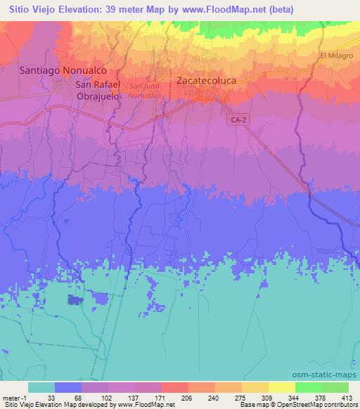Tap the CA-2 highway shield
[x=238, y=120]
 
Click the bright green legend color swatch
[x=308, y=387]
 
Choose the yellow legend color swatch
[x=255, y=387]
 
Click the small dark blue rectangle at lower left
[x=75, y=301]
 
